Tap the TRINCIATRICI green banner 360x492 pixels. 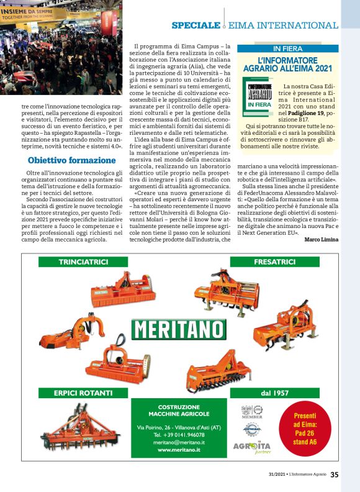pyautogui.click(x=84, y=262)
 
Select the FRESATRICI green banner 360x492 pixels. pyautogui.click(x=274, y=262)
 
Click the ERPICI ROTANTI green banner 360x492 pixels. pyautogui.click(x=83, y=393)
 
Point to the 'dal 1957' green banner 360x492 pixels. pyautogui.click(x=274, y=393)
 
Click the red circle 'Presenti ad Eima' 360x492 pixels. pyautogui.click(x=304, y=429)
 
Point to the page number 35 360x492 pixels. pyautogui.click(x=335, y=475)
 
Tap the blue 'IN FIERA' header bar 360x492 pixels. pyautogui.click(x=287, y=48)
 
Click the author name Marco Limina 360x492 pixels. pyautogui.click(x=322, y=240)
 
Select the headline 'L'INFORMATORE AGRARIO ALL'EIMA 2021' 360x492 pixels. pyautogui.click(x=287, y=63)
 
